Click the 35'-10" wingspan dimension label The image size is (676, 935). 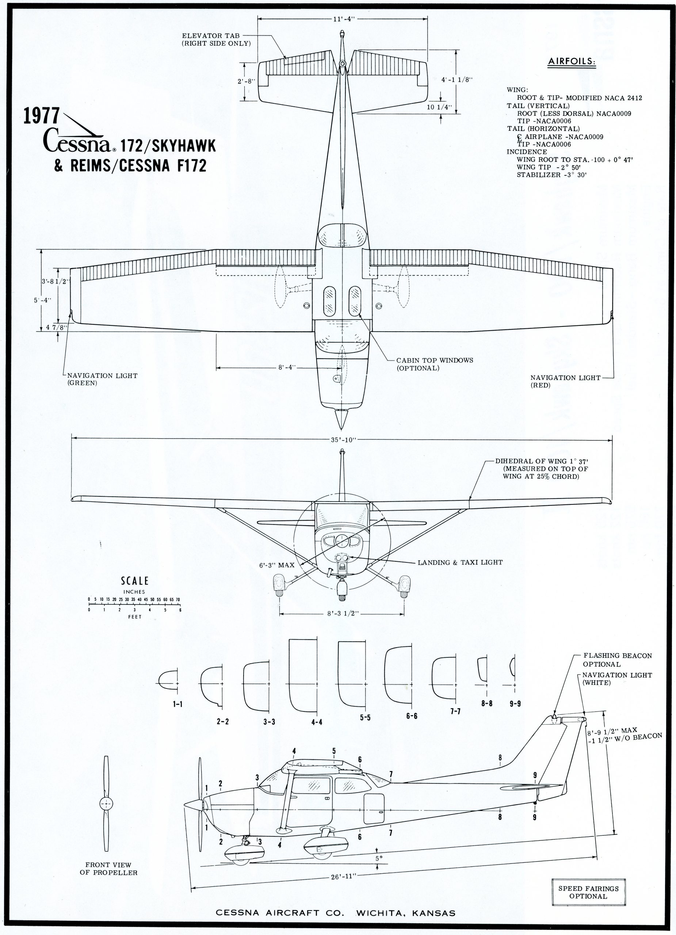(343, 439)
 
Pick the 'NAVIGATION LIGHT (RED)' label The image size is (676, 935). (565, 381)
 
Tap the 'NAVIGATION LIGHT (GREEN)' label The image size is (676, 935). (102, 379)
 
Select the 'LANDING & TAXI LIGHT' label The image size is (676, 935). (460, 562)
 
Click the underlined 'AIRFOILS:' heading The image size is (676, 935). (572, 62)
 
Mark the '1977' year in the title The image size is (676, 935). (41, 117)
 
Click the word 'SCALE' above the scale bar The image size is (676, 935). (134, 581)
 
